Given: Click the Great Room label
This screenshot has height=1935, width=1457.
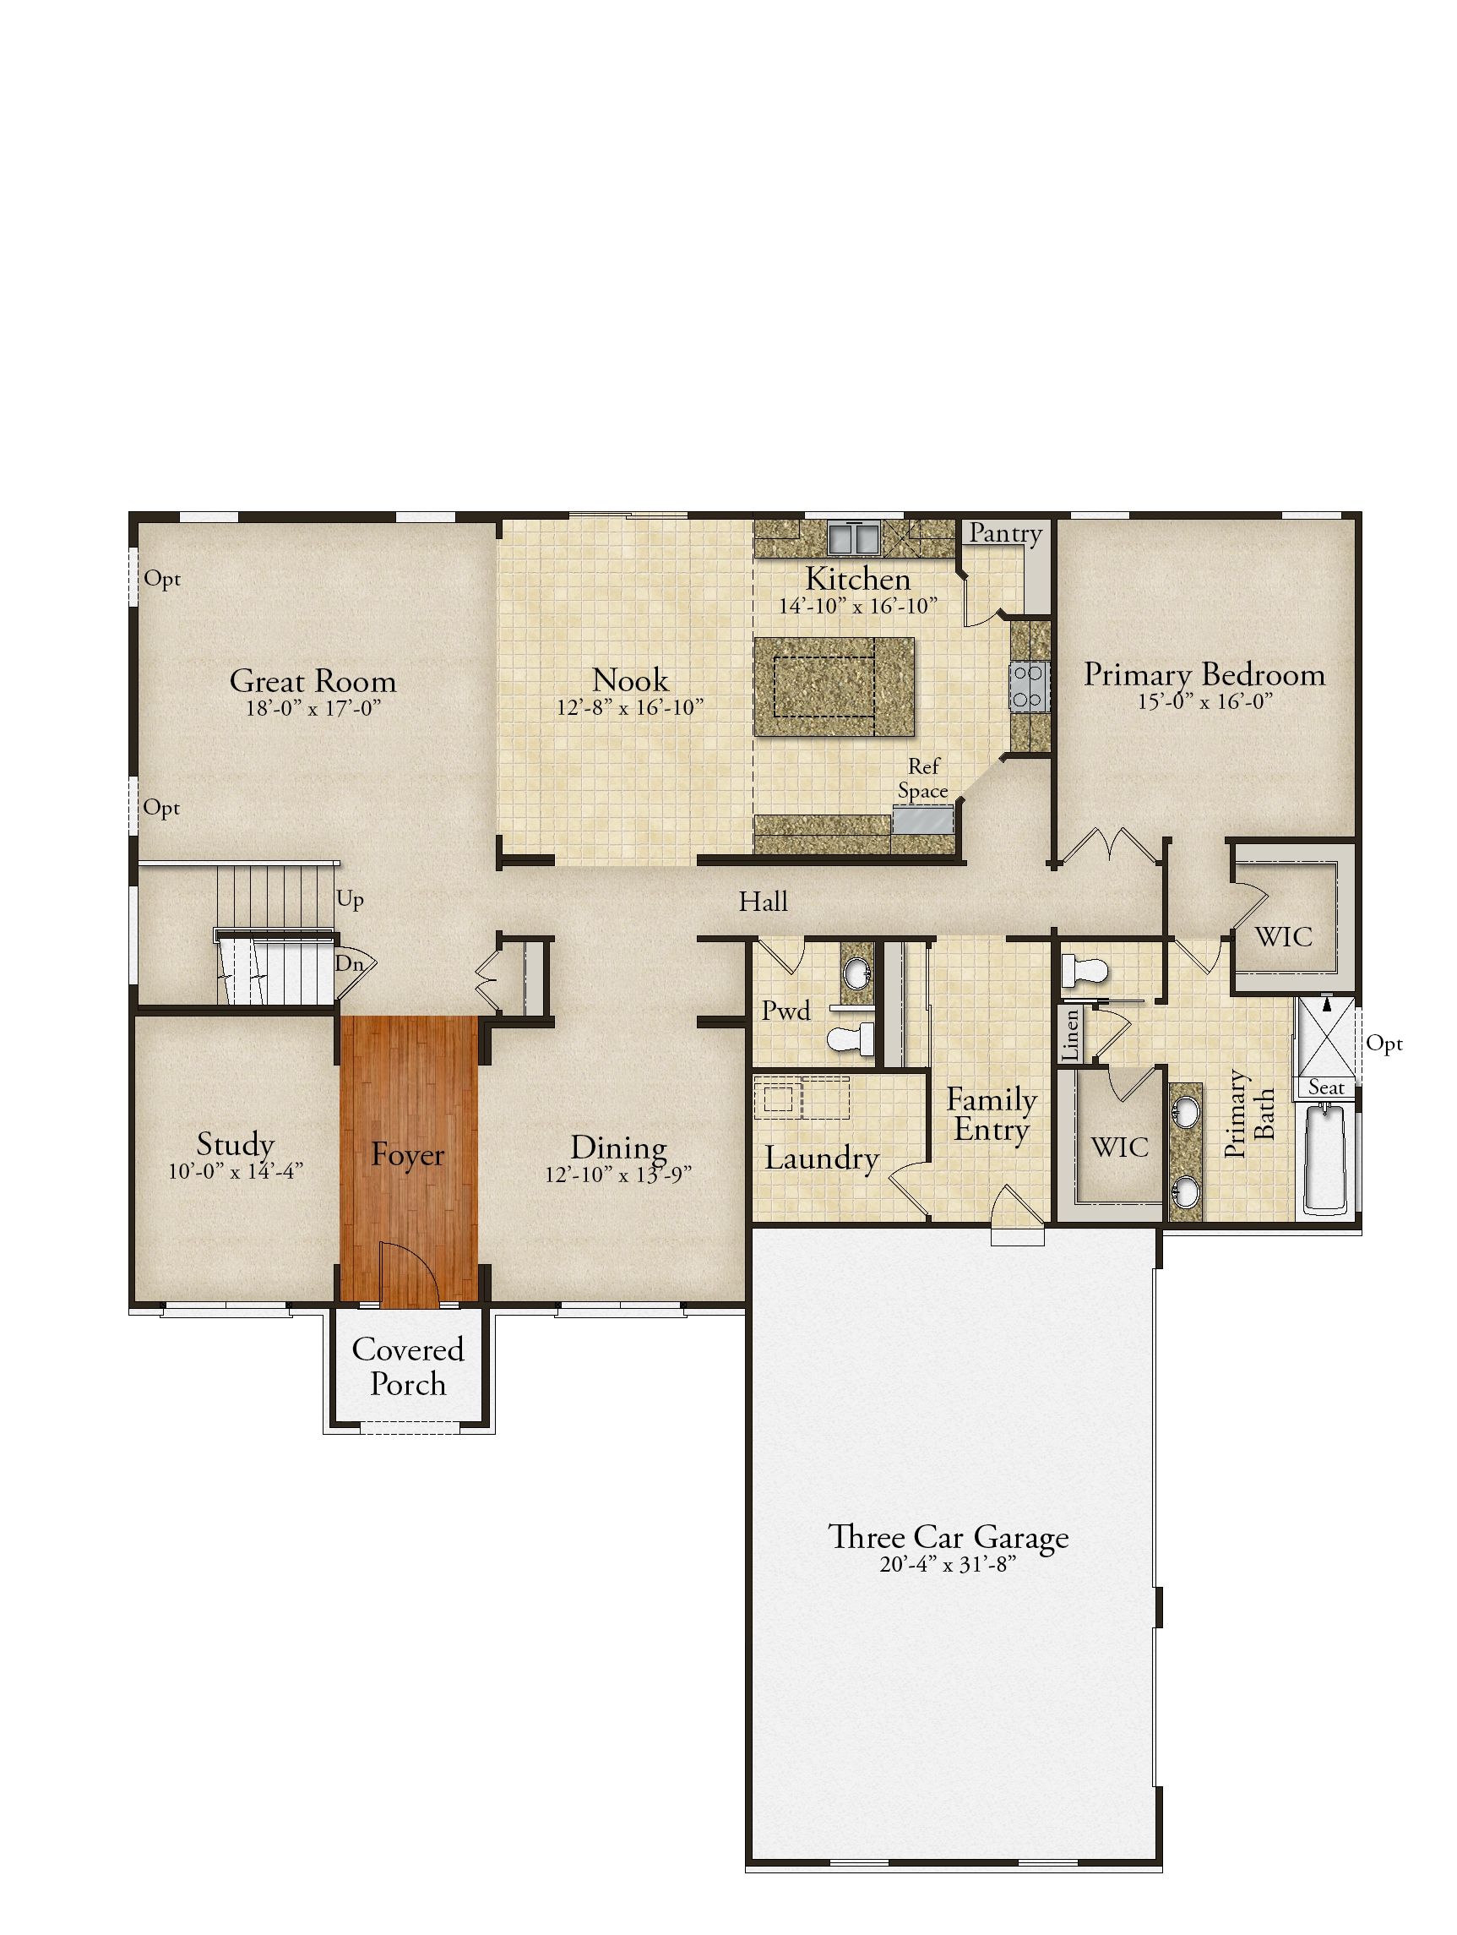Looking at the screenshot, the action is coord(313,680).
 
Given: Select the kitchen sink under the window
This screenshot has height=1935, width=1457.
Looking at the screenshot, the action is coord(853,538).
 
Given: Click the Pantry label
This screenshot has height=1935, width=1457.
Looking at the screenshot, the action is coord(1006,534).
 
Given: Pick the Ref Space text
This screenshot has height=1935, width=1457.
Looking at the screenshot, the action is coord(923,778).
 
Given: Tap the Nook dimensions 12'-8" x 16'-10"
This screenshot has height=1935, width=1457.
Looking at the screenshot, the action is coord(629,708).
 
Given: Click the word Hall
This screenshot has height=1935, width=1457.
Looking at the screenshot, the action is coord(763,901).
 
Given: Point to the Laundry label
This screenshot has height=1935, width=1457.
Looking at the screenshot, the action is coord(821,1158).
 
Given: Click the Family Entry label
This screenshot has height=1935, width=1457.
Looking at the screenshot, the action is coord(992,1115).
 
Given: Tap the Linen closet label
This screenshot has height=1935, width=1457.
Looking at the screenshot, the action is coord(1070,1036).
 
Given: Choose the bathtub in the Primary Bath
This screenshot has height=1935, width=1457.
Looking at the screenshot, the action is coord(1326,1160).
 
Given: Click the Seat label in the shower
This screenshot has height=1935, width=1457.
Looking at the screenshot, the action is coord(1326,1087).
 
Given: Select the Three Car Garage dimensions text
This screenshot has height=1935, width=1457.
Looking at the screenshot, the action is coord(949,1565).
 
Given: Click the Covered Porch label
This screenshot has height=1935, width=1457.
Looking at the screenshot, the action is coord(408,1366).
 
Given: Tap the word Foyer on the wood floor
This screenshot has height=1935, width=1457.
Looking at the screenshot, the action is coord(406,1155).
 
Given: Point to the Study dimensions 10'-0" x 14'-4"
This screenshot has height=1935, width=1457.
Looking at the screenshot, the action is coord(236,1171).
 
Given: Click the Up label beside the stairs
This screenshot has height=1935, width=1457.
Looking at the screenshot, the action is coord(350,899).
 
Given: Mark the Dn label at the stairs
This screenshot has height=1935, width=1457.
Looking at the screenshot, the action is coord(349,964).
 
